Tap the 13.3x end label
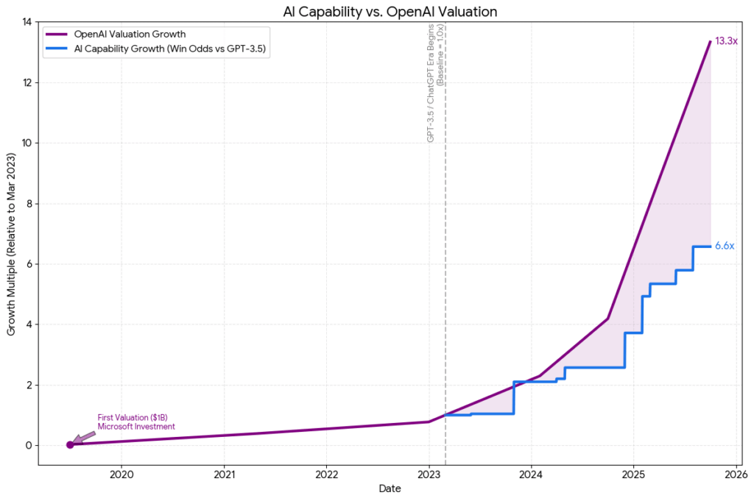pyautogui.click(x=726, y=41)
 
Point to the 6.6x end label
pyautogui.click(x=725, y=246)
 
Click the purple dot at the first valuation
pyautogui.click(x=70, y=444)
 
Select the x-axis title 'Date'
pyautogui.click(x=390, y=488)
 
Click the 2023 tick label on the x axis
pyautogui.click(x=429, y=474)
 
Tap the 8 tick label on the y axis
pyautogui.click(x=29, y=204)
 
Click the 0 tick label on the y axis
pyautogui.click(x=29, y=445)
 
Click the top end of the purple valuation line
pyautogui.click(x=710, y=42)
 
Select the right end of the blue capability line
pyautogui.click(x=710, y=246)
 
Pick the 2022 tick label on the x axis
pyautogui.click(x=326, y=474)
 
